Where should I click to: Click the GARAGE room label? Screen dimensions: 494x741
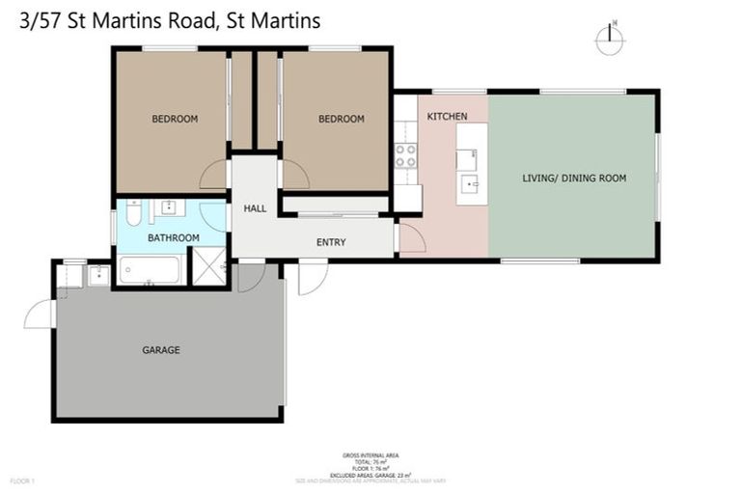click(161, 350)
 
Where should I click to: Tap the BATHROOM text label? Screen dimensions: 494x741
click(173, 237)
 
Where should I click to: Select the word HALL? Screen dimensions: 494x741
click(255, 208)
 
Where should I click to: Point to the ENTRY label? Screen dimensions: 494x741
click(331, 242)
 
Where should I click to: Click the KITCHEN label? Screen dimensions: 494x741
click(447, 117)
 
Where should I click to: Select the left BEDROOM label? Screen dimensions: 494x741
click(175, 119)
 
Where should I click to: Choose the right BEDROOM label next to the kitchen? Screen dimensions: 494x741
click(342, 119)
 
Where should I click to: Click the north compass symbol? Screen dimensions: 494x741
click(609, 39)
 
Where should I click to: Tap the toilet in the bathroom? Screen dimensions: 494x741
click(134, 212)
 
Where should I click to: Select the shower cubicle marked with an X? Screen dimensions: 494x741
click(208, 267)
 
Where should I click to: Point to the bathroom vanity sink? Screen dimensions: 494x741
click(168, 207)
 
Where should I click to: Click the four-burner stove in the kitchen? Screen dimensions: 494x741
click(405, 155)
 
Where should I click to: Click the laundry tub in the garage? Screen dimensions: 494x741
click(98, 276)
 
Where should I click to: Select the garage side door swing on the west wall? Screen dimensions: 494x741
click(41, 315)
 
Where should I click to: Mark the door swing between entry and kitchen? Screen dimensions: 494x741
click(411, 237)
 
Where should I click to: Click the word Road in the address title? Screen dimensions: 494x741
click(193, 20)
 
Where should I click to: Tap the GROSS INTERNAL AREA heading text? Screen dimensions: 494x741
click(370, 454)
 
